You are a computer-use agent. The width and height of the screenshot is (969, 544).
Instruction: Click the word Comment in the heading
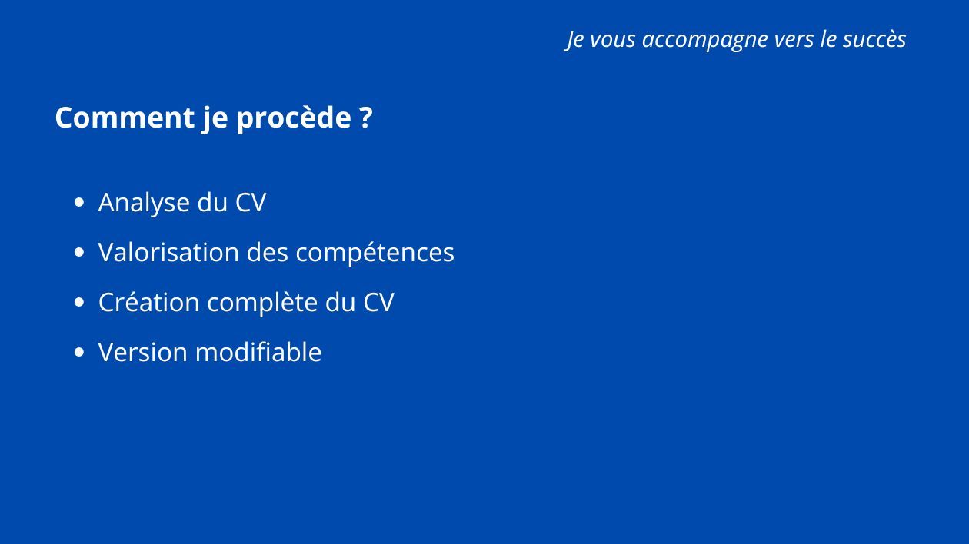coord(125,118)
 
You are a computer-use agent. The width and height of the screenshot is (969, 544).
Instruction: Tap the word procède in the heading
coord(294,118)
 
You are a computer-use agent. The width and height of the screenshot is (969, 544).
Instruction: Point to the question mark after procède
coord(365,117)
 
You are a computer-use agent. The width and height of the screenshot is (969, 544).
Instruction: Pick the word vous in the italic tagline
coord(612,39)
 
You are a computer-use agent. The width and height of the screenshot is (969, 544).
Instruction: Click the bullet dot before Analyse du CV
coord(78,202)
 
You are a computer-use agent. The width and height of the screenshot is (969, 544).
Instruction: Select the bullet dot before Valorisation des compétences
coord(78,252)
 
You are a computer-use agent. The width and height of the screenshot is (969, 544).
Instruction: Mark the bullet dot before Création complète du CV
coord(78,302)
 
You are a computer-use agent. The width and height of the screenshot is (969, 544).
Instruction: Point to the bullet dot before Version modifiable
coord(78,352)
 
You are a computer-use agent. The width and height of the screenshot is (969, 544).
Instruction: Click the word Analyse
coord(144,203)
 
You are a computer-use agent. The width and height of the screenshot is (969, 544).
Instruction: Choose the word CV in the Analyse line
coord(251,202)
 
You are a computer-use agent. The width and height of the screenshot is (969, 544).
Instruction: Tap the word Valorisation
coord(168,252)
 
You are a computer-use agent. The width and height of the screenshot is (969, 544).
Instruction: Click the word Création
coord(149,302)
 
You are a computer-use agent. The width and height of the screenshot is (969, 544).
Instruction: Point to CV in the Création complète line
coord(378,302)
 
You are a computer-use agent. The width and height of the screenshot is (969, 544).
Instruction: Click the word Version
coord(143,352)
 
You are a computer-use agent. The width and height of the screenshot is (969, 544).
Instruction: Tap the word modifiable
coord(258,351)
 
